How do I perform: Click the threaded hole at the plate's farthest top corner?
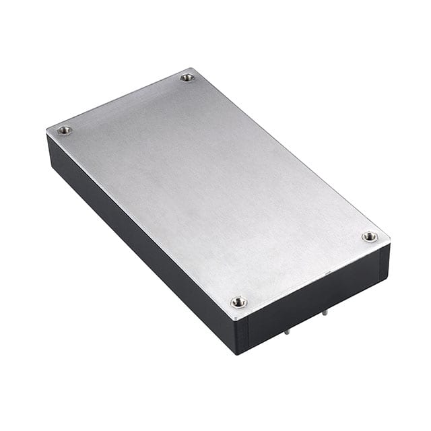[187, 77]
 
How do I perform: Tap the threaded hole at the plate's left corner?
[65, 130]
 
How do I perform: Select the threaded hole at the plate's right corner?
[369, 236]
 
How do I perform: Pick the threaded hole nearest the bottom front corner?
[238, 302]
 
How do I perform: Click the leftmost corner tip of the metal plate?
[46, 129]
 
